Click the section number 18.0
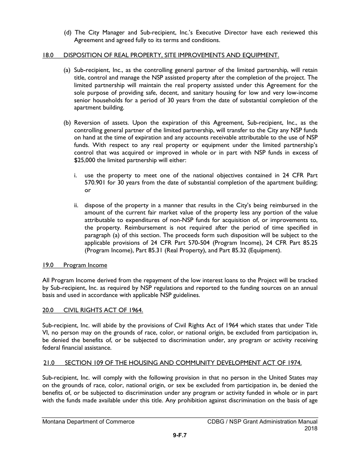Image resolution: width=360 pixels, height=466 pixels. click(x=48, y=55)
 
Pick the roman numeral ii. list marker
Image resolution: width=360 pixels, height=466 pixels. click(x=77, y=205)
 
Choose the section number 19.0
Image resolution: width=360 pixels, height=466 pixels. click(x=48, y=265)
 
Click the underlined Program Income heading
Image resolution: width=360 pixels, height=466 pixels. click(x=85, y=265)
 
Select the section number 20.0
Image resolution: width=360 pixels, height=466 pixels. click(x=48, y=310)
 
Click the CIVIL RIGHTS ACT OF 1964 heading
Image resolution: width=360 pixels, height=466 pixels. click(x=103, y=310)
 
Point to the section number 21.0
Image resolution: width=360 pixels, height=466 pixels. click(x=49, y=363)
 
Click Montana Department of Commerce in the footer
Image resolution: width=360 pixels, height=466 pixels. click(x=88, y=421)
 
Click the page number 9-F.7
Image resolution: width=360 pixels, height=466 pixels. click(x=180, y=435)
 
